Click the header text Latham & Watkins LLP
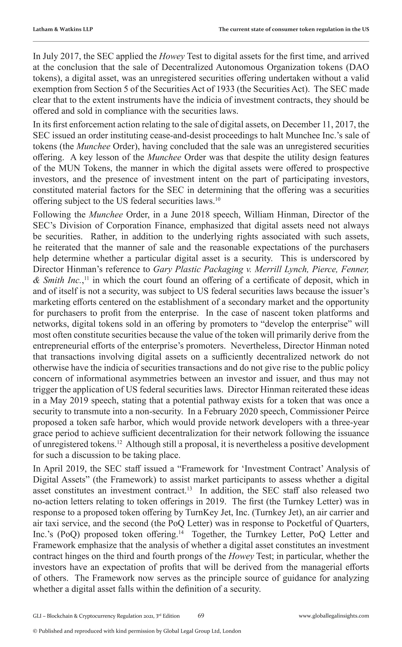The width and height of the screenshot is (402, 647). point(63,29)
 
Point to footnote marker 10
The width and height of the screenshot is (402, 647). point(217,199)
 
